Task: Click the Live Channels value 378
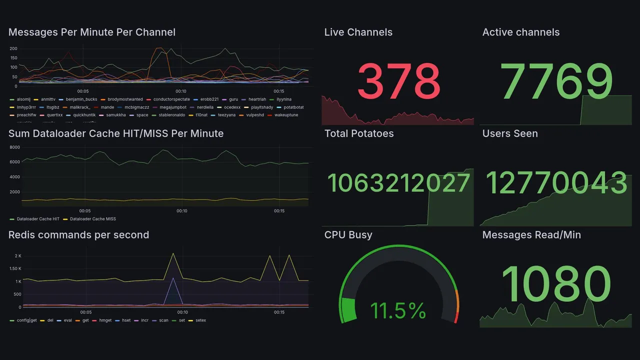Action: [x=398, y=81]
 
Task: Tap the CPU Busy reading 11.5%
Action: [x=398, y=311]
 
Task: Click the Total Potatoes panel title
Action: [x=358, y=133]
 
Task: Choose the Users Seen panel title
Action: [x=509, y=133]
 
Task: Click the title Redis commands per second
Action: [x=78, y=235]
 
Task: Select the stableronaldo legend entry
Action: [x=171, y=115]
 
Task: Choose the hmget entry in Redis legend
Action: [x=105, y=320]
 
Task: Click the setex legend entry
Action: [x=200, y=320]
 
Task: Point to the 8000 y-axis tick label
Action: [x=14, y=147]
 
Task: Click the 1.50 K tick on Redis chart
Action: [x=14, y=269]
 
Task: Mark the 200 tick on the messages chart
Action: [x=13, y=48]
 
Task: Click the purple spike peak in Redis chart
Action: [x=173, y=278]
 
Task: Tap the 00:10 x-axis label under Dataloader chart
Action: [x=182, y=211]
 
